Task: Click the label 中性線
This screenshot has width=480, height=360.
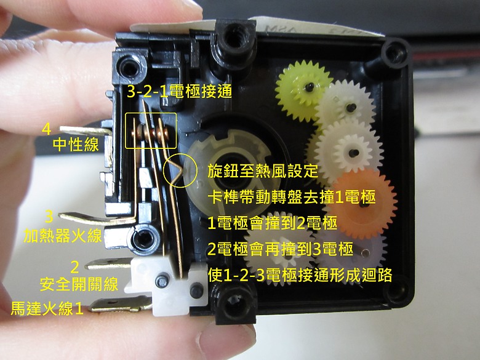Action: [x=76, y=144]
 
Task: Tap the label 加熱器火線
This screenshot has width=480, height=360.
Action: [x=62, y=236]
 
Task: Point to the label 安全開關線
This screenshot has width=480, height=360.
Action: [x=79, y=284]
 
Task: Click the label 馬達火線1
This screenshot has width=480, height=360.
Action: [x=47, y=308]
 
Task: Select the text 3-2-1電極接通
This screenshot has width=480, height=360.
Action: [x=180, y=91]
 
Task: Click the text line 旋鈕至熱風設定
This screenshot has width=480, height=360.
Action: [x=263, y=171]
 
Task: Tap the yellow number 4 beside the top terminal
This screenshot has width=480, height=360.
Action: [x=47, y=129]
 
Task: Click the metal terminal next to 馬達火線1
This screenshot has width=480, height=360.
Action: [x=121, y=305]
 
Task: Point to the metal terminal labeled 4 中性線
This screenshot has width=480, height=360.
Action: [x=87, y=130]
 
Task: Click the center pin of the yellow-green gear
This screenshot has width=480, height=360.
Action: [x=310, y=87]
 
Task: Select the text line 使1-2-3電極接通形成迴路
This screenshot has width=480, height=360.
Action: [x=300, y=275]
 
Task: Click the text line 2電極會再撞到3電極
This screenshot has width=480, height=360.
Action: [x=281, y=249]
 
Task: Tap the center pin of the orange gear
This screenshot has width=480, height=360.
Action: [x=363, y=204]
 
